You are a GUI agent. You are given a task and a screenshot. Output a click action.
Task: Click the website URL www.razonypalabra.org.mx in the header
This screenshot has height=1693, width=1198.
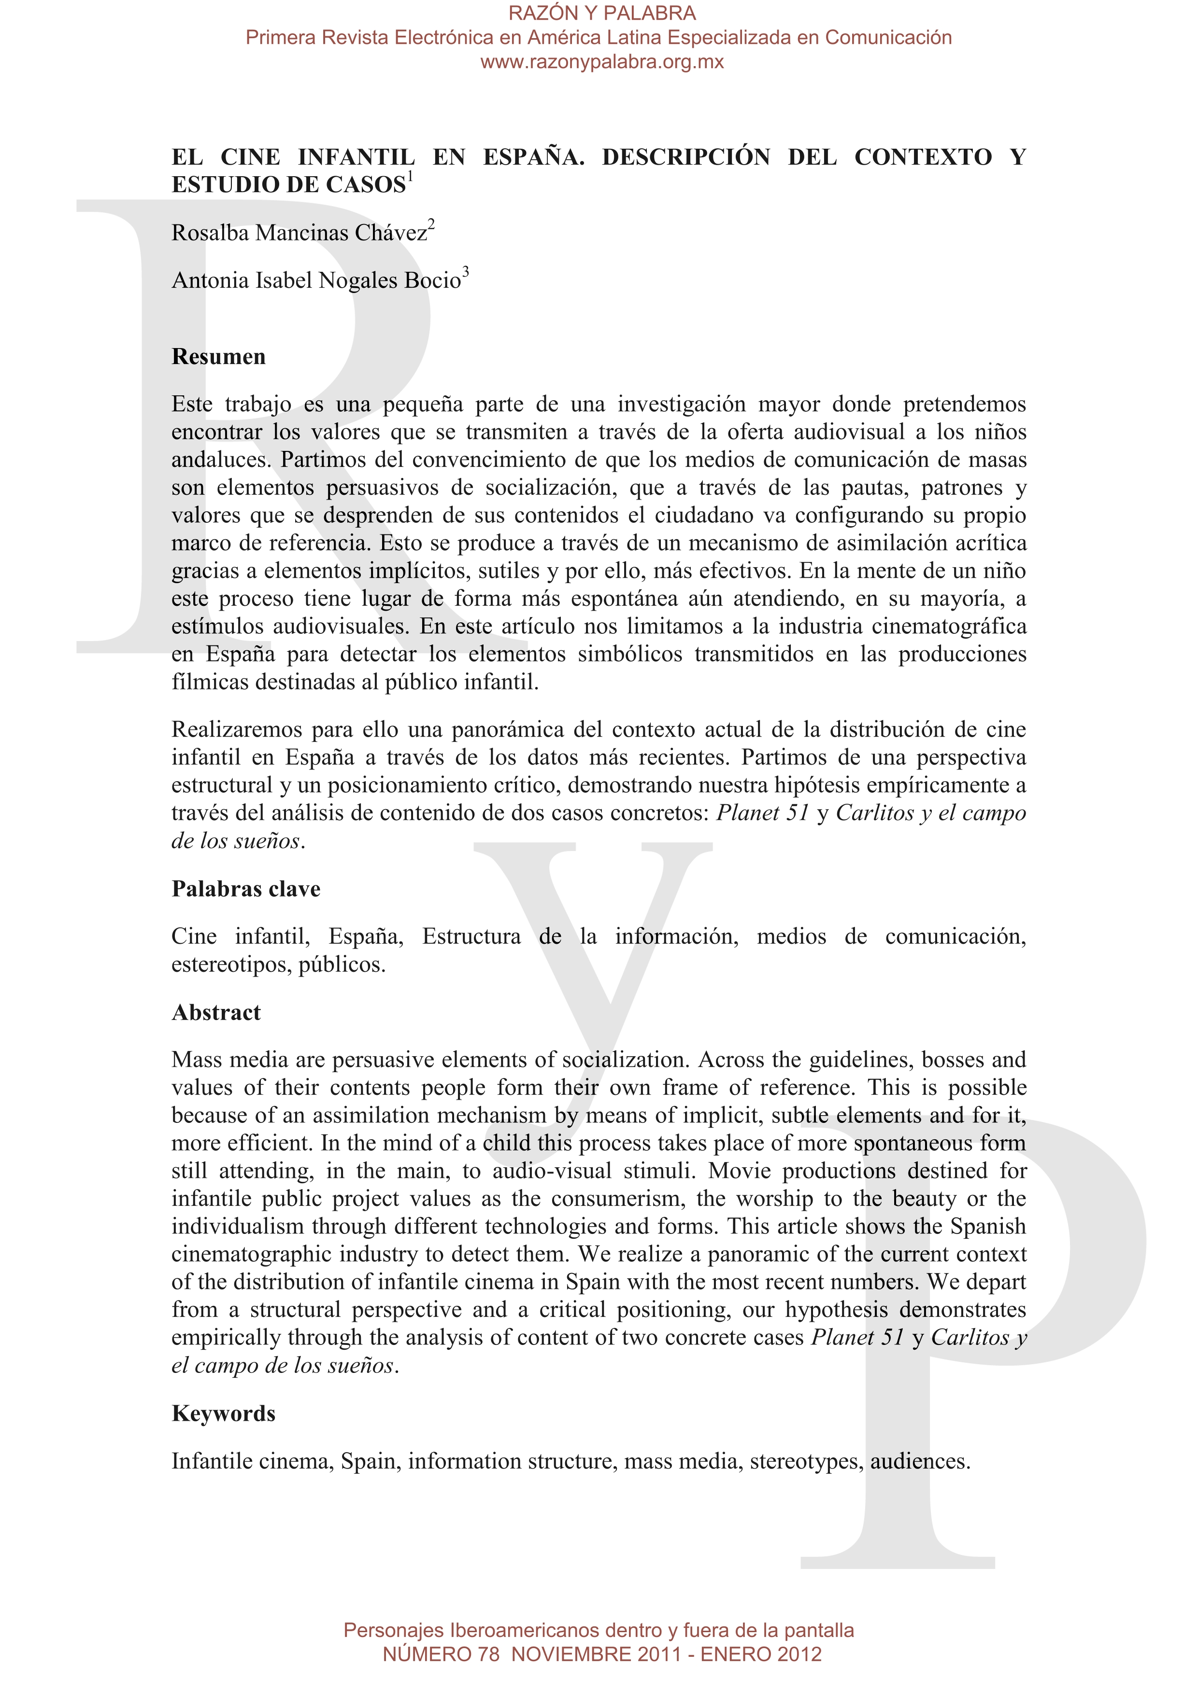click(x=602, y=62)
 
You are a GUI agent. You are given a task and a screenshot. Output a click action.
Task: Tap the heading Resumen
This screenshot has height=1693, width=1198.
click(x=218, y=357)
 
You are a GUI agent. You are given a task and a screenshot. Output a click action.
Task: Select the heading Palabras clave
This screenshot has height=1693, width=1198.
click(x=246, y=889)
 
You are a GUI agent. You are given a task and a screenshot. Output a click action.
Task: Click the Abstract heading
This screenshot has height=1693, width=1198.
click(x=216, y=1012)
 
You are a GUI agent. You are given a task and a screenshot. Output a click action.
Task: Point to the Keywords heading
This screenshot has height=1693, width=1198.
click(x=224, y=1413)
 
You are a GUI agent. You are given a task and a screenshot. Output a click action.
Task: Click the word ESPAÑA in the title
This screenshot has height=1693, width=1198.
click(x=533, y=157)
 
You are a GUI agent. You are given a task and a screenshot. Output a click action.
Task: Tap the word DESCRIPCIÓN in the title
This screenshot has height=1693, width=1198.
click(x=686, y=157)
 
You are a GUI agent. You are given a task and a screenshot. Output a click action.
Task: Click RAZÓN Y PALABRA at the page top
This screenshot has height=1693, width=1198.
click(x=602, y=13)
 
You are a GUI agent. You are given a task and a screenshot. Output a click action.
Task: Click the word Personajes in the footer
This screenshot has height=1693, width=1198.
click(x=393, y=1630)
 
